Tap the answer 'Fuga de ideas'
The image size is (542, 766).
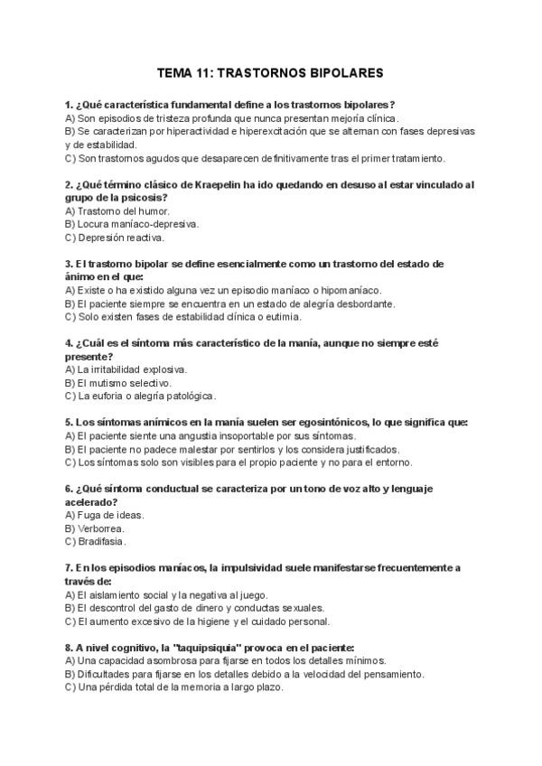click(x=105, y=515)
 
